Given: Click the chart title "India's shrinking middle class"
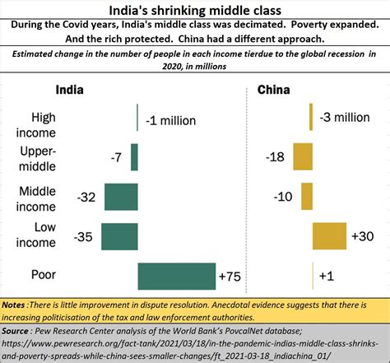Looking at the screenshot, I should (194, 9).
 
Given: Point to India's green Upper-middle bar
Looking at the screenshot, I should (134, 156).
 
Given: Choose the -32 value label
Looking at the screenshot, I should (88, 196).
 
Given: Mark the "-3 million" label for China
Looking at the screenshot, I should (346, 118).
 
